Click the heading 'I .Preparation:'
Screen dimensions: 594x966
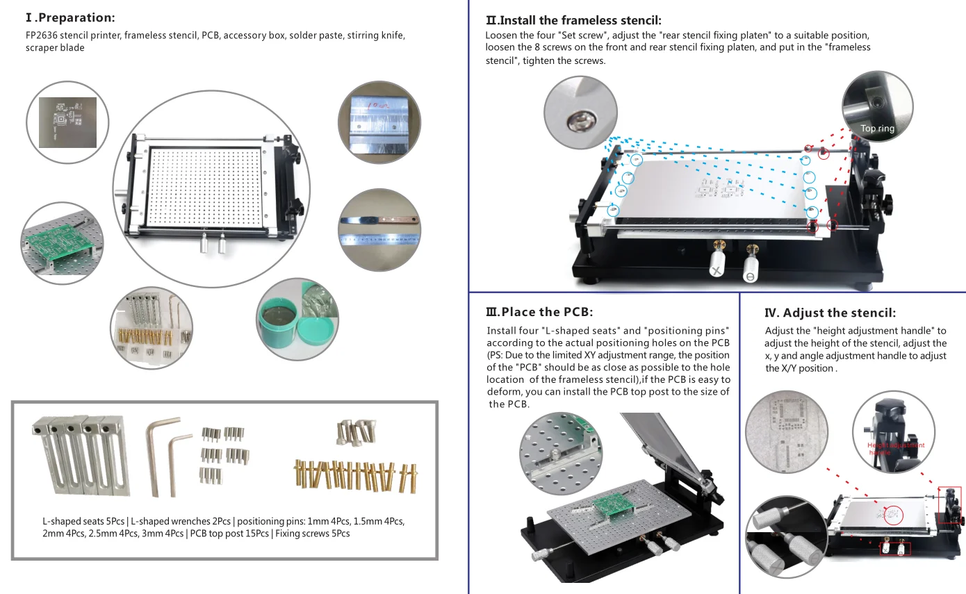[70, 17]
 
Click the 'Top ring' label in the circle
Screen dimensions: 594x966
[877, 129]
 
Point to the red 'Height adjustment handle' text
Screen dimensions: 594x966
[896, 448]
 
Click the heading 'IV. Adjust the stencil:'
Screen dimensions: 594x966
[830, 313]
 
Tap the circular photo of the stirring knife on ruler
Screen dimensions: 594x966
[379, 230]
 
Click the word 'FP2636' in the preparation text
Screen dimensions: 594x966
[41, 35]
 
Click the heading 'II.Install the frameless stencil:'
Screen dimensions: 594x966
[573, 21]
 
